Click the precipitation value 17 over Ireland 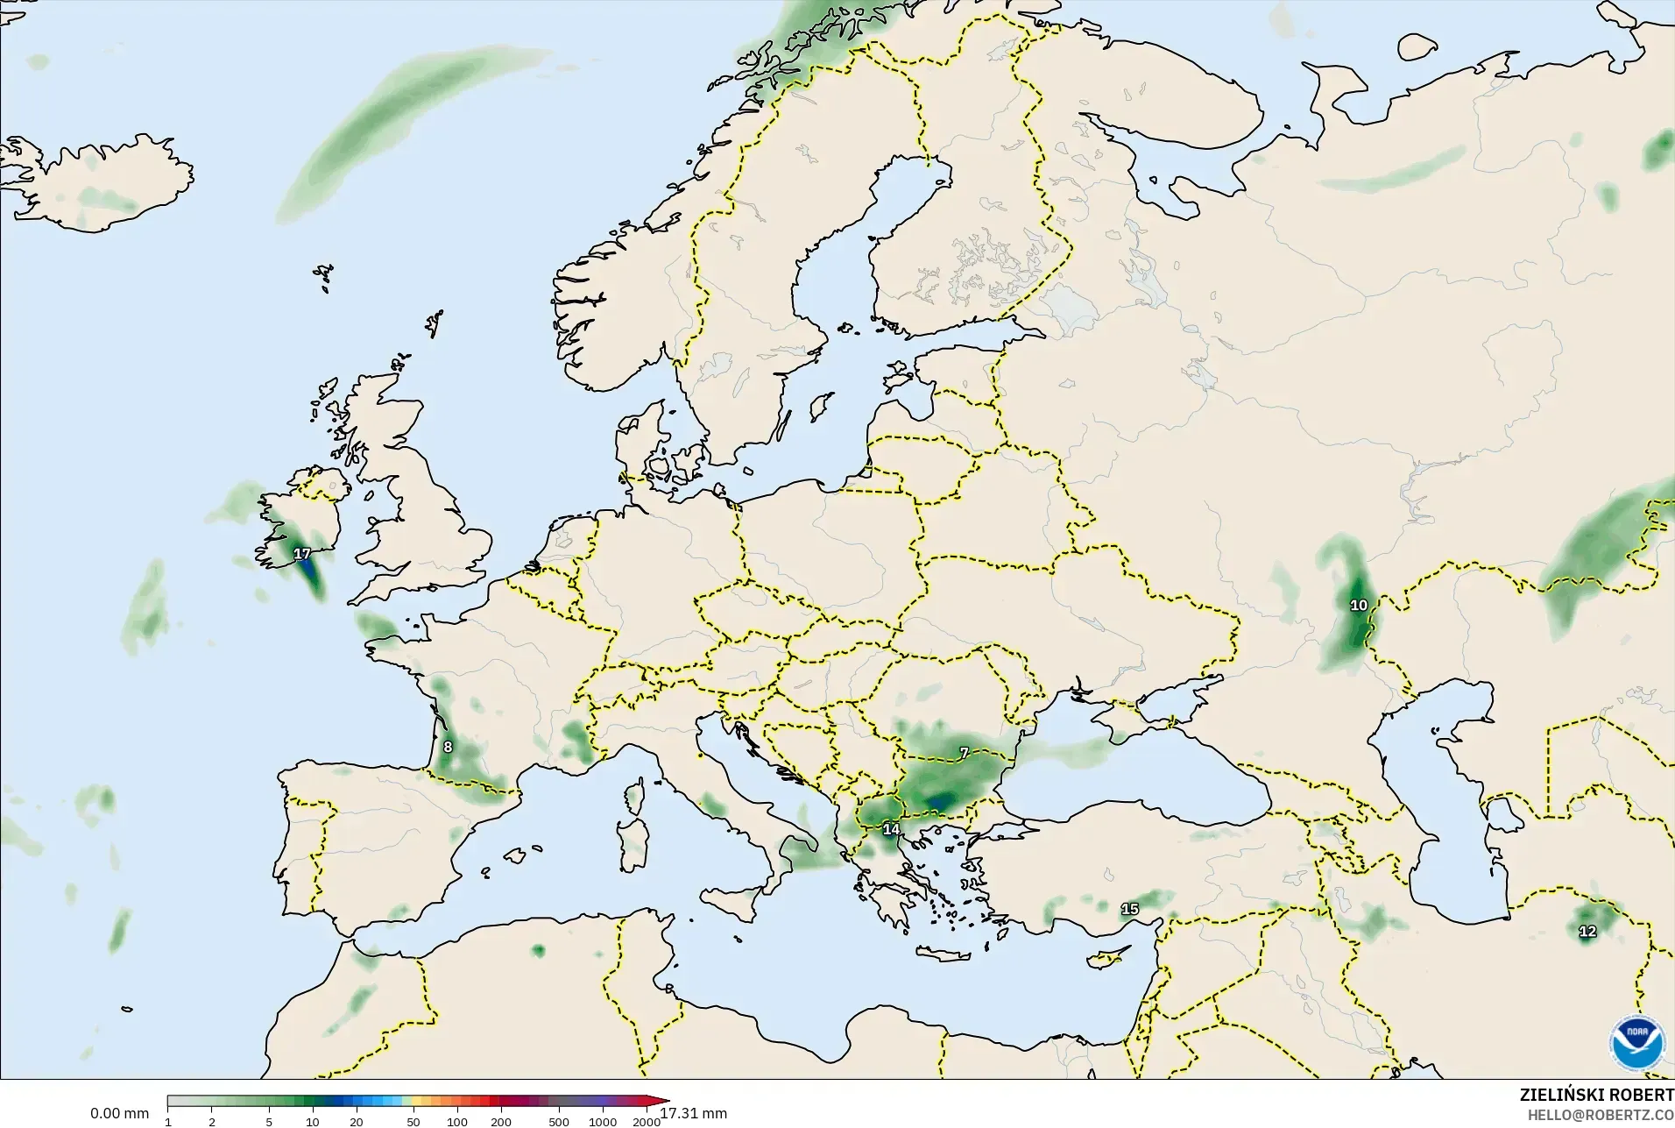tap(302, 554)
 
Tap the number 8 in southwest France tap(448, 748)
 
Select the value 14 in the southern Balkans tap(891, 829)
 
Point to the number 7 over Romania tap(964, 754)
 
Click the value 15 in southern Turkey tap(1130, 909)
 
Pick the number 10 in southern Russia tap(1359, 606)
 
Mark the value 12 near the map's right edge tap(1587, 932)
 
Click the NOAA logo tap(1636, 1042)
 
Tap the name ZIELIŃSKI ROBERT tap(1596, 1096)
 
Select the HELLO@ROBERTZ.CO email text tap(1601, 1116)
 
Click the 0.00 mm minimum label tap(119, 1114)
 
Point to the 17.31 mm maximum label tap(693, 1114)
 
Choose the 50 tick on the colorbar tap(413, 1122)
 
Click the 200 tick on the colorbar tap(501, 1122)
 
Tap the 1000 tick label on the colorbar tap(603, 1122)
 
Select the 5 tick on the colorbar tap(269, 1122)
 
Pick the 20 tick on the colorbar tap(357, 1122)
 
